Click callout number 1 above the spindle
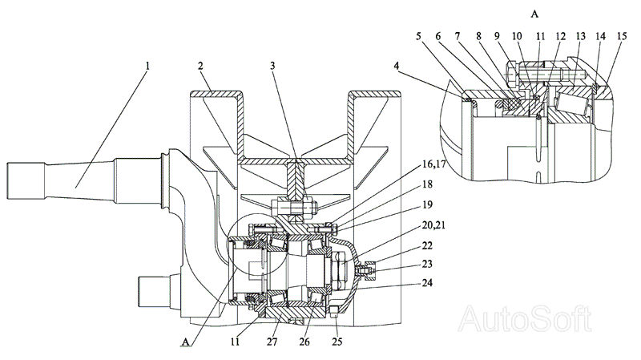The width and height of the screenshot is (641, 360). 147,66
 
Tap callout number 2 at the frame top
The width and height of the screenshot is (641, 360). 200,66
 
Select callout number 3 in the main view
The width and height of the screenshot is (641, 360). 272,66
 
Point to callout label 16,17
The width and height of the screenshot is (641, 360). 433,164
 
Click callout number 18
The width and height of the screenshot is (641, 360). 427,184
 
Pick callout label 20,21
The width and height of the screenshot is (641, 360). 433,225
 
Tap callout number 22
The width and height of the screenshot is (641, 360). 427,245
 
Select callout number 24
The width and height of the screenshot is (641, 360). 427,283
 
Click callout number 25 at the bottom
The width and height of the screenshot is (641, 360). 337,342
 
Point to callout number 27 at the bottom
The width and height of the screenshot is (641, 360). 272,342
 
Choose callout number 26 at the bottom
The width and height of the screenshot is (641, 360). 304,342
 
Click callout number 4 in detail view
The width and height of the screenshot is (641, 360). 397,66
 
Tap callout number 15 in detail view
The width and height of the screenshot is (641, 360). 622,36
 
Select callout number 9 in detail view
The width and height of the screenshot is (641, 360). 497,36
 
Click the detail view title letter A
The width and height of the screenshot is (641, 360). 534,14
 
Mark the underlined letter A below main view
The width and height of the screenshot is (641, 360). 186,342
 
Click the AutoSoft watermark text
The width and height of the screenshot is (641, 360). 525,318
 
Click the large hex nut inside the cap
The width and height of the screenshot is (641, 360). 341,271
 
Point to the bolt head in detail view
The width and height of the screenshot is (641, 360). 513,75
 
